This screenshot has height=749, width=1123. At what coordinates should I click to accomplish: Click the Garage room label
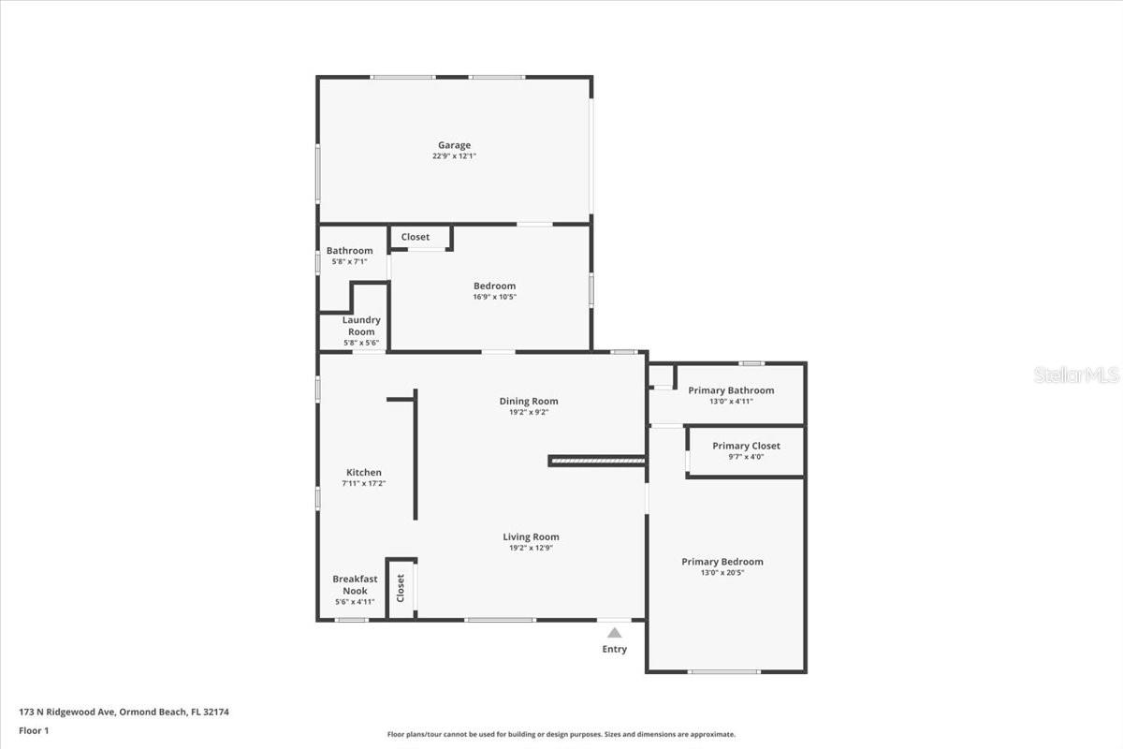[x=454, y=145]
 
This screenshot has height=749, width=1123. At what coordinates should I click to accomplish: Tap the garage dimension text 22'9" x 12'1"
[x=454, y=156]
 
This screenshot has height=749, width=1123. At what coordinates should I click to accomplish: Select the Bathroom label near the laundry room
[x=349, y=250]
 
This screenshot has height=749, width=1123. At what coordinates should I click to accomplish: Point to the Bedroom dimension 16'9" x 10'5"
[x=494, y=297]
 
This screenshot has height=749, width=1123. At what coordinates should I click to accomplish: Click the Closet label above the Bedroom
[x=416, y=237]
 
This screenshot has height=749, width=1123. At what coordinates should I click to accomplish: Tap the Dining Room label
[x=529, y=402]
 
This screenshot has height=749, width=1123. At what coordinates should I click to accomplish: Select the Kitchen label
[x=364, y=473]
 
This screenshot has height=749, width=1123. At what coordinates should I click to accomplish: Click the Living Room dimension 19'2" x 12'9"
[x=531, y=548]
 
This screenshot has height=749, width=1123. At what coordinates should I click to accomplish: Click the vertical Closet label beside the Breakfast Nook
[x=401, y=588]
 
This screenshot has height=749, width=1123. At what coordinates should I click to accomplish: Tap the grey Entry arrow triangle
[x=614, y=633]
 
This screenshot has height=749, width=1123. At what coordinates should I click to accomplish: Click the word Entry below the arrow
[x=614, y=649]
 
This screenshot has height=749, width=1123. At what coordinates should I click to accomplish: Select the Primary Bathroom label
[x=731, y=390]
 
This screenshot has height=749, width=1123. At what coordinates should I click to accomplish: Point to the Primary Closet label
[x=746, y=446]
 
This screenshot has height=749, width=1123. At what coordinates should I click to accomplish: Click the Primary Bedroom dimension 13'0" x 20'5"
[x=722, y=572]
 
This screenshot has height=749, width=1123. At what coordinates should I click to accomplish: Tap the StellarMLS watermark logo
[x=1076, y=375]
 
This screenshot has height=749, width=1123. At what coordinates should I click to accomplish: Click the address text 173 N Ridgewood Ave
[x=66, y=712]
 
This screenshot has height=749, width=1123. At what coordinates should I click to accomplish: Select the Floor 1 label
[x=34, y=730]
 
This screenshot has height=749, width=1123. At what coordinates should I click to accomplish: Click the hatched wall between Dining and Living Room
[x=597, y=460]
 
